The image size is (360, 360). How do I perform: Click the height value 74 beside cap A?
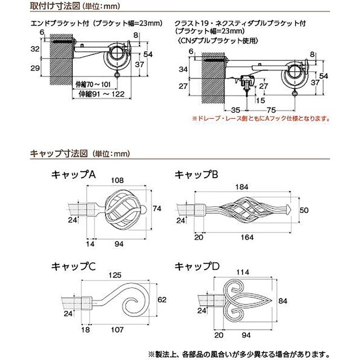pos(157,208)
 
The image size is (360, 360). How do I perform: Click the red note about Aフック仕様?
pos(260,119)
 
